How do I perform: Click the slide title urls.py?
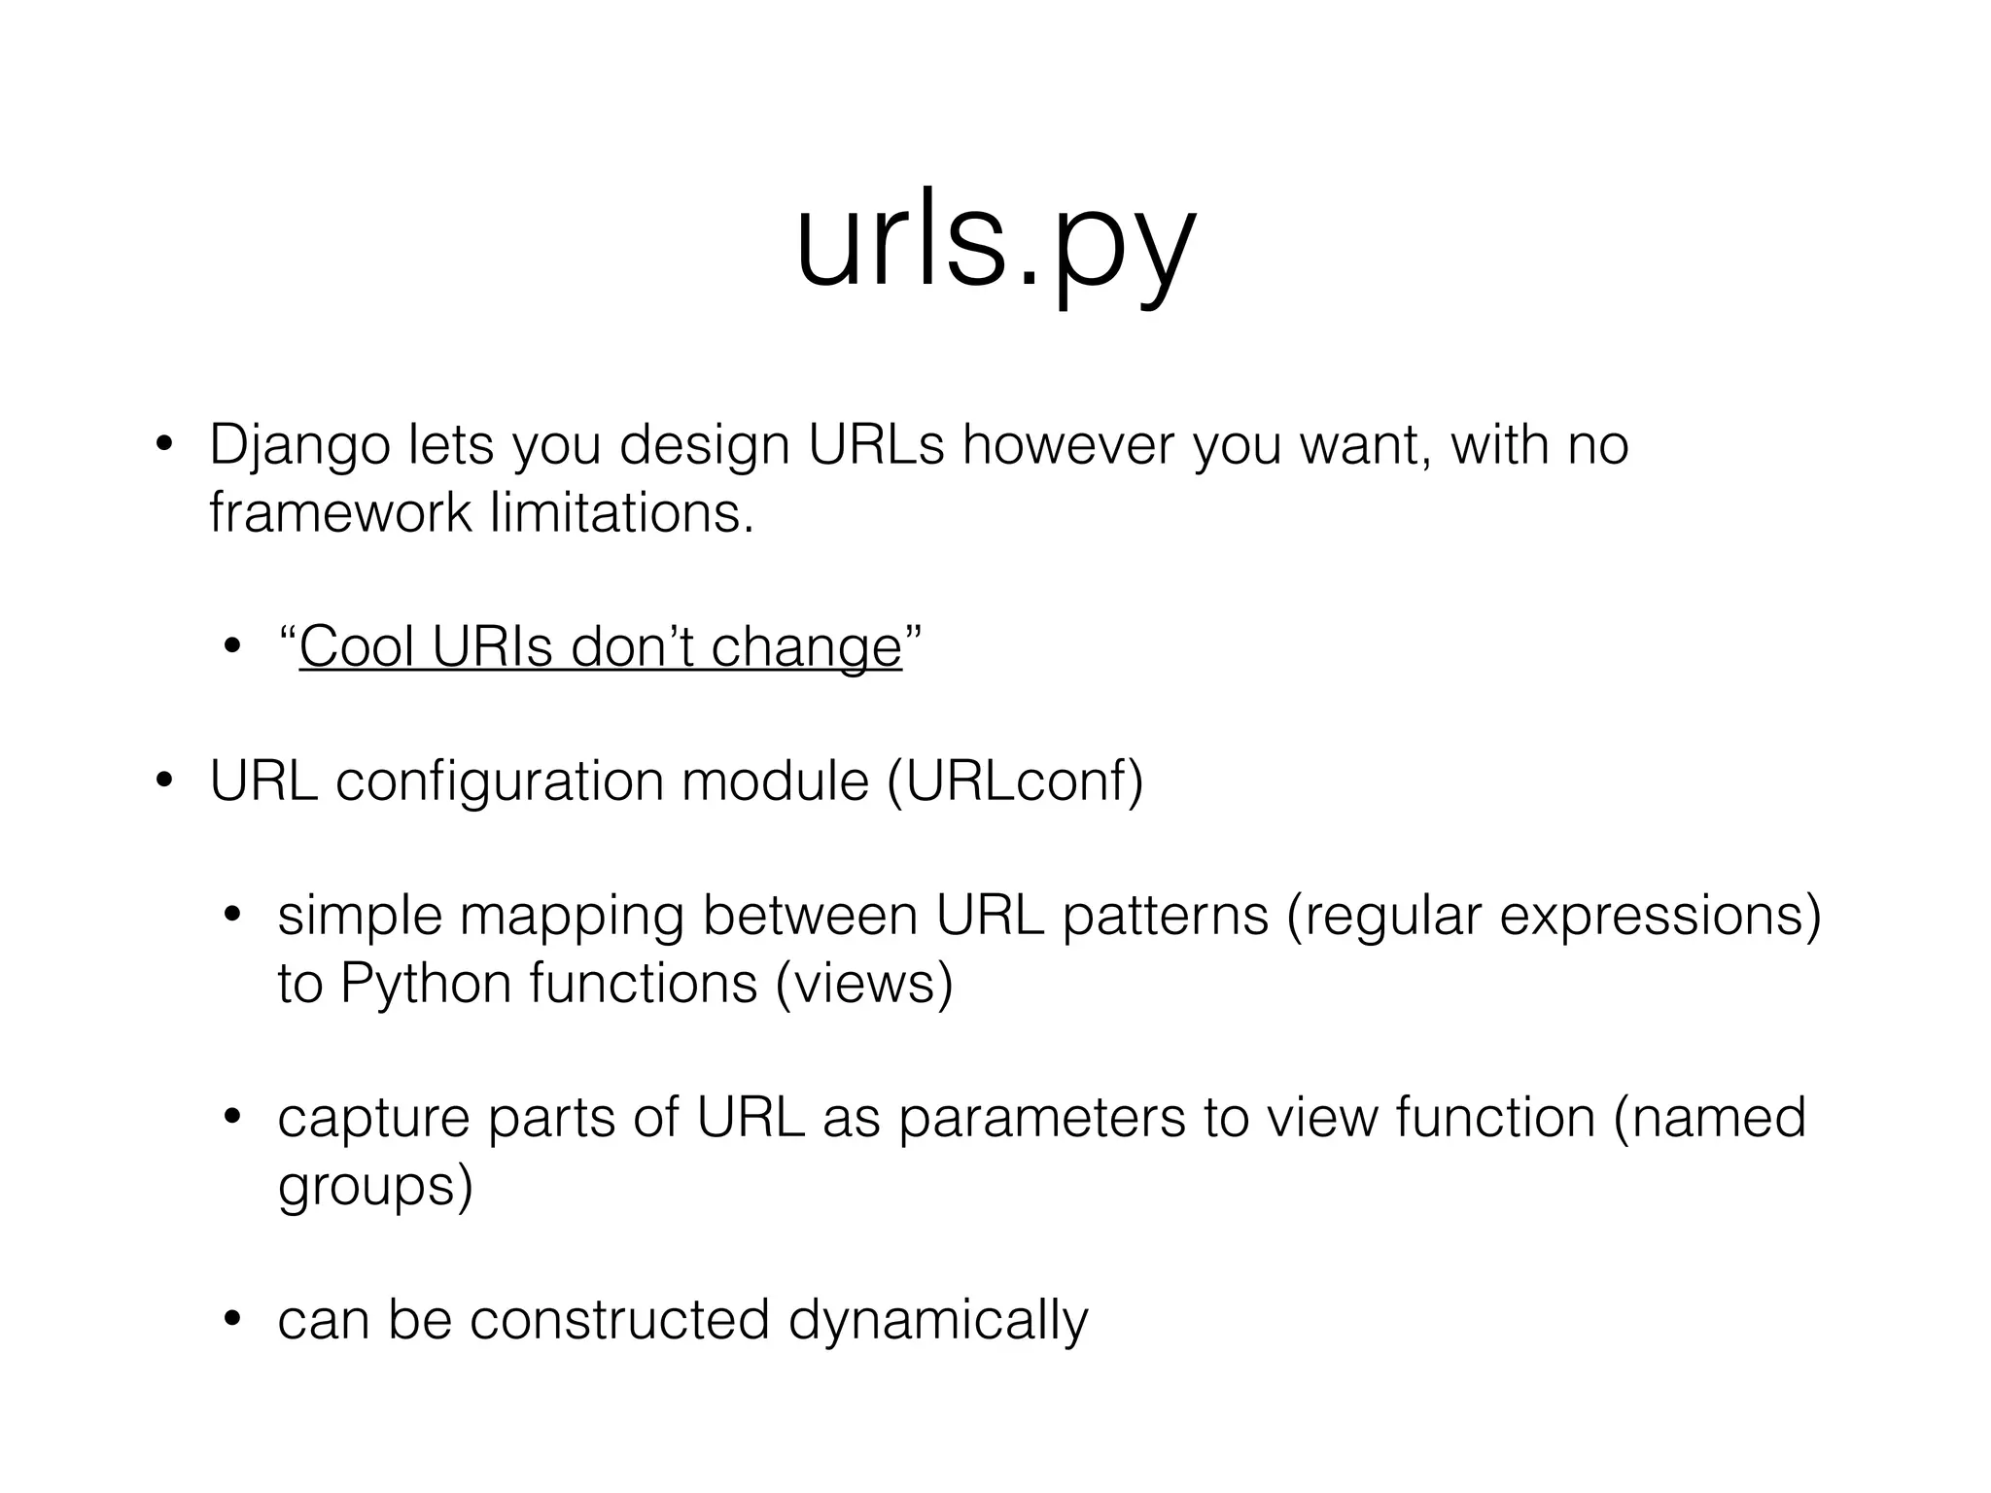[x=995, y=243]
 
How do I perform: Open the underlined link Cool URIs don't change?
[x=600, y=647]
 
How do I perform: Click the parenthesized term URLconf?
[x=1015, y=781]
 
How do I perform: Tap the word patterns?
[x=1165, y=916]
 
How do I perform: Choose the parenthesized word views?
[x=864, y=984]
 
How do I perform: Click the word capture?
[x=373, y=1119]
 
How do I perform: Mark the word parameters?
[x=1041, y=1117]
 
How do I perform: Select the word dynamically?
[x=938, y=1321]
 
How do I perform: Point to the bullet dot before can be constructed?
[x=231, y=1321]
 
